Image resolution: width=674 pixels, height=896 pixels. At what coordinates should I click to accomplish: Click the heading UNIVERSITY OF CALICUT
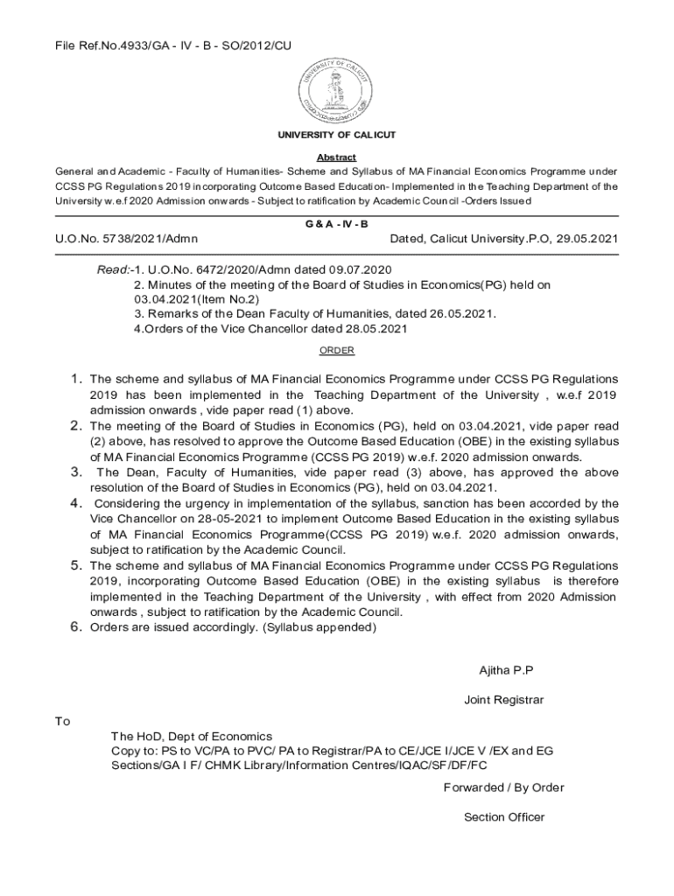tap(337, 135)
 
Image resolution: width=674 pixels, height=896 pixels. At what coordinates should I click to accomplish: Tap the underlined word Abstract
tap(337, 157)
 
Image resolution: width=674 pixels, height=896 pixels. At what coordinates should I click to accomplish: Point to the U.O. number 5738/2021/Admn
tap(127, 238)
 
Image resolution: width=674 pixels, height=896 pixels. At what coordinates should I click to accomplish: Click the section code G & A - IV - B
tap(337, 224)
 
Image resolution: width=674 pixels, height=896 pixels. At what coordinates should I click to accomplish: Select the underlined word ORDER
tap(337, 350)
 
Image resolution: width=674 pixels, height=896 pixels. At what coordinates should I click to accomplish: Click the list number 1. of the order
tap(76, 379)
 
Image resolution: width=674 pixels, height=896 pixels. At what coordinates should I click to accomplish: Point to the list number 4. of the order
tap(76, 503)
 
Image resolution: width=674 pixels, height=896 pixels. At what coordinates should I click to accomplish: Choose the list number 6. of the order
tap(76, 627)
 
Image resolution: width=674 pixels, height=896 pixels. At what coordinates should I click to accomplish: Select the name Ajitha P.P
tap(505, 670)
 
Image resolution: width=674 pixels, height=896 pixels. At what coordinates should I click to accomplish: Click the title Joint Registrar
tap(504, 700)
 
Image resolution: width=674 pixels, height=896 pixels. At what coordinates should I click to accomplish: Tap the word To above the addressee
tap(62, 721)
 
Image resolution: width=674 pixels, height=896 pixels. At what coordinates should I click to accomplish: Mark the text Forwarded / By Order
tap(504, 787)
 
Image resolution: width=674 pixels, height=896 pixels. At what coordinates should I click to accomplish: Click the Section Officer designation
tap(504, 817)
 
